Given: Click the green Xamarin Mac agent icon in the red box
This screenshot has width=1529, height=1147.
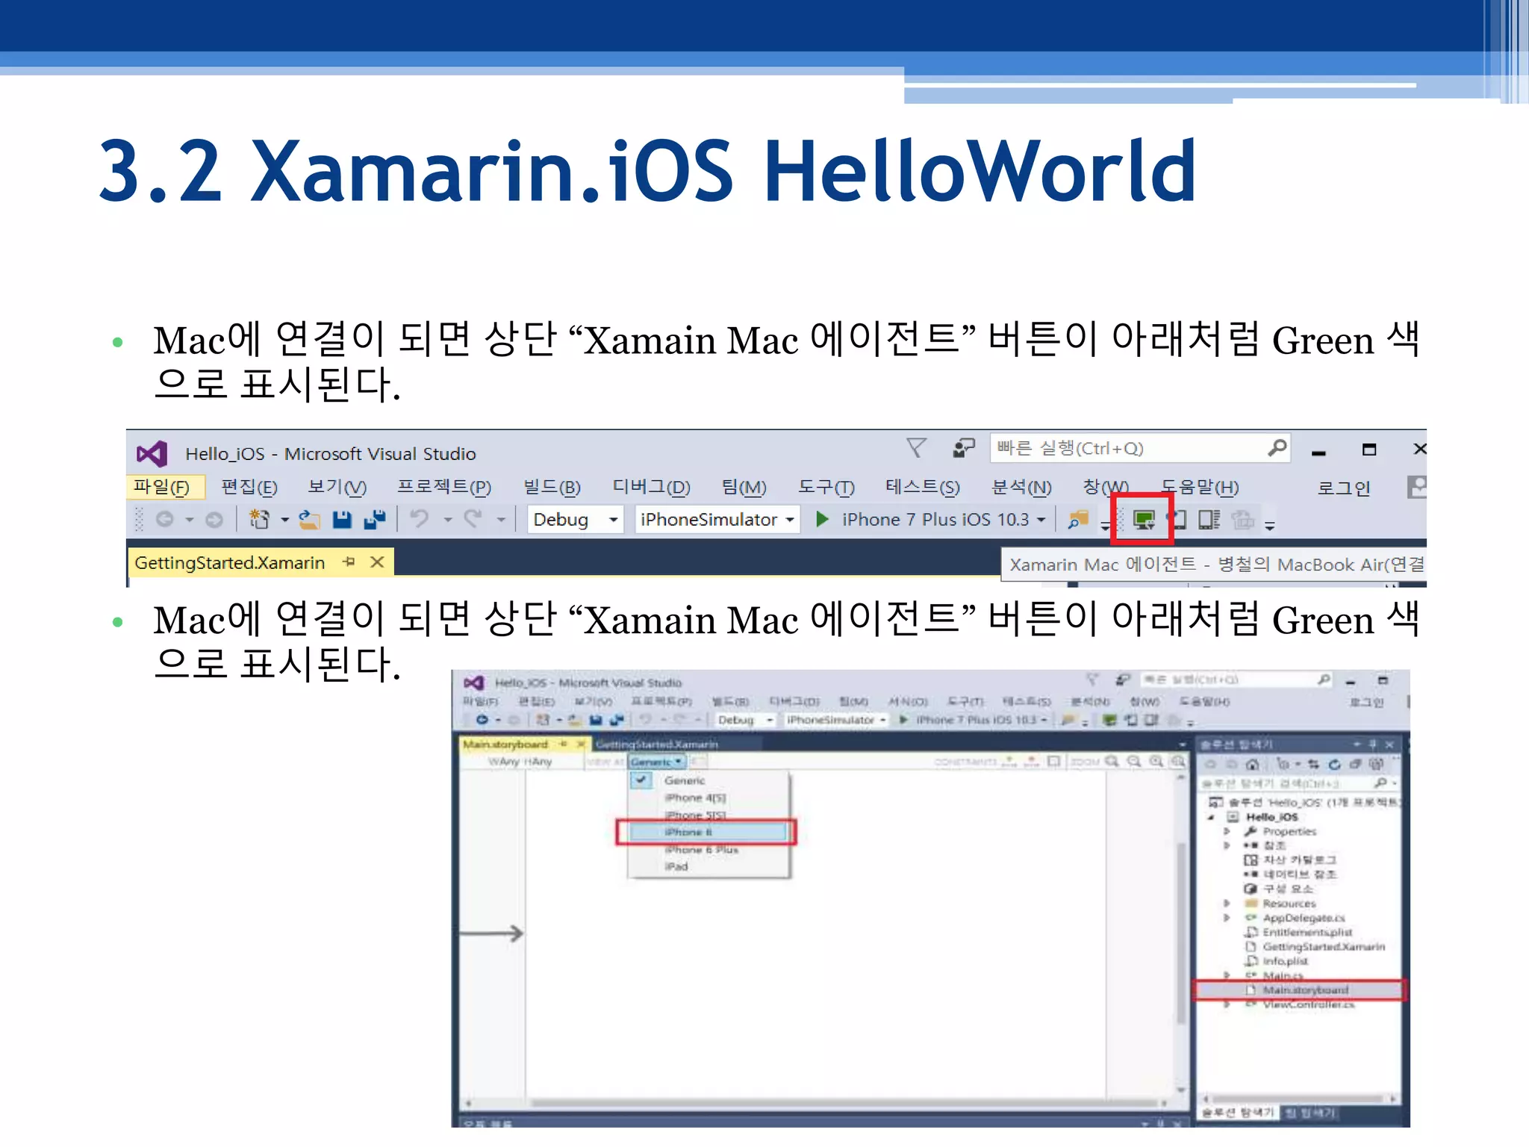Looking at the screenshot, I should click(1143, 519).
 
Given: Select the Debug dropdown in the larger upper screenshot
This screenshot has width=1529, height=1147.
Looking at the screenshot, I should click(574, 519).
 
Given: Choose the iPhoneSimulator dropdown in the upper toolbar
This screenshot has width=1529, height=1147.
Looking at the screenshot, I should click(716, 519).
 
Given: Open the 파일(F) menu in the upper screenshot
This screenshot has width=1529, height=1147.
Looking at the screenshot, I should click(161, 488).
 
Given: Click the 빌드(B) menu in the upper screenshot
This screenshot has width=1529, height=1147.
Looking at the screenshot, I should click(552, 488).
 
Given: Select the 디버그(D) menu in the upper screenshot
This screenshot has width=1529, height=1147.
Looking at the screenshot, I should click(651, 488).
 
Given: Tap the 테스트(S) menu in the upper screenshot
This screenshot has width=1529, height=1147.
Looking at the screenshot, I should click(922, 488).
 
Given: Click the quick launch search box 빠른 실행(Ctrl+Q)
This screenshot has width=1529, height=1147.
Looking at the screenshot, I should click(1127, 448).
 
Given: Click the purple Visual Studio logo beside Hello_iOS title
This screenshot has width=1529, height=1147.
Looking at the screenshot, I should click(152, 453).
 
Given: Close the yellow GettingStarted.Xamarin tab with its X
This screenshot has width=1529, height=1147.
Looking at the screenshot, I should click(378, 562).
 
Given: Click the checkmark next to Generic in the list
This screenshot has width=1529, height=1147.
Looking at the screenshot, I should click(641, 780).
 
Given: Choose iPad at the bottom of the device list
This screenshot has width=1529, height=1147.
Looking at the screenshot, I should click(676, 866).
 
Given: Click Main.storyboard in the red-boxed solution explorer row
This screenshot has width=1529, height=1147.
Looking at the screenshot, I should click(1305, 990).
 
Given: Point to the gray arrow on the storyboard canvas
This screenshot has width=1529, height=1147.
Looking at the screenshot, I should click(493, 933).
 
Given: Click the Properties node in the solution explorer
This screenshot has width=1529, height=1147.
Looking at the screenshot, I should click(1289, 831).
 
